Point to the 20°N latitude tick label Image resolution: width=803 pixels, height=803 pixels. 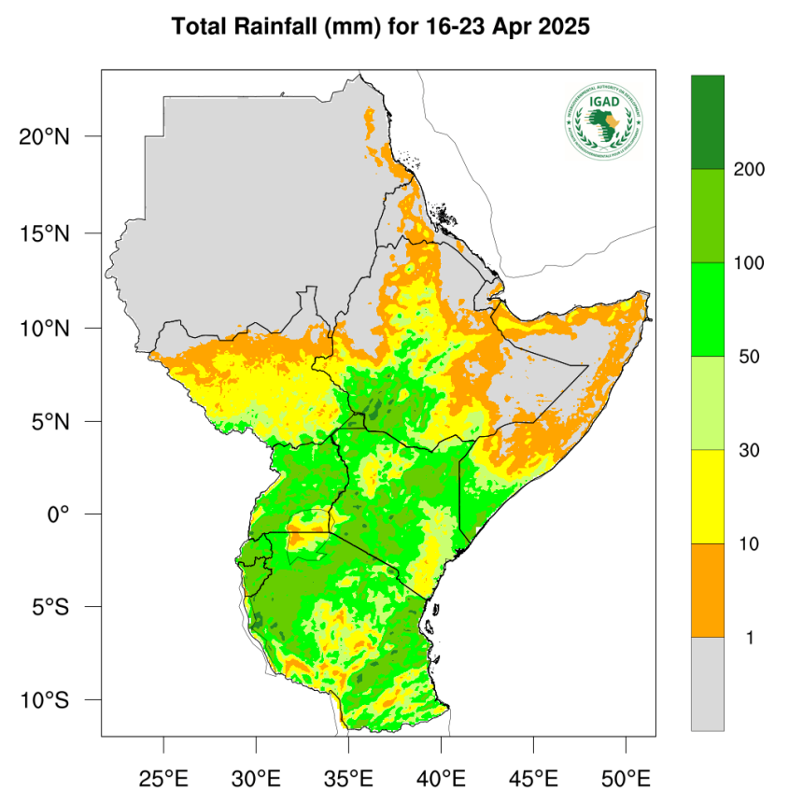point(45,137)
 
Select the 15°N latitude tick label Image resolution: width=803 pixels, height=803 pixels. point(45,232)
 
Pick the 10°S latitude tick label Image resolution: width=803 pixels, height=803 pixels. point(45,700)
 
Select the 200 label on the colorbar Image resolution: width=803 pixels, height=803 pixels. point(749,170)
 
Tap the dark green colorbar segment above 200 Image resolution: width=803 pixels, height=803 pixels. point(707,122)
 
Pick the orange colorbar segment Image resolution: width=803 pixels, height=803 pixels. point(707,590)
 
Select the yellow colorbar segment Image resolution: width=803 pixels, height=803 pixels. point(707,497)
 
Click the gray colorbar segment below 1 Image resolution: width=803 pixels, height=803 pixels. point(707,683)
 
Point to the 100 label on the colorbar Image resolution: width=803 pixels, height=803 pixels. point(749,263)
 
